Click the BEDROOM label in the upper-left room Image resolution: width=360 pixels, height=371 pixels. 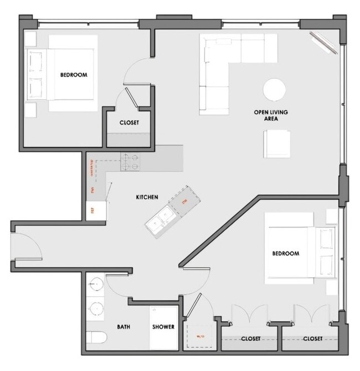tap(74, 75)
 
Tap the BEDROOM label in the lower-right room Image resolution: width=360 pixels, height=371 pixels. tap(286, 254)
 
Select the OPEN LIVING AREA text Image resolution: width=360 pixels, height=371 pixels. tap(271, 115)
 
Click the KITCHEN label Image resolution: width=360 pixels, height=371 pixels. tap(147, 197)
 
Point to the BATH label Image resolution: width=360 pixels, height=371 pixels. tap(123, 327)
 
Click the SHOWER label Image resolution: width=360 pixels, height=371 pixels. tap(163, 327)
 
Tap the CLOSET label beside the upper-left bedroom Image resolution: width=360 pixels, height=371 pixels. tap(129, 123)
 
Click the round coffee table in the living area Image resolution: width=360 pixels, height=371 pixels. tap(274, 89)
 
